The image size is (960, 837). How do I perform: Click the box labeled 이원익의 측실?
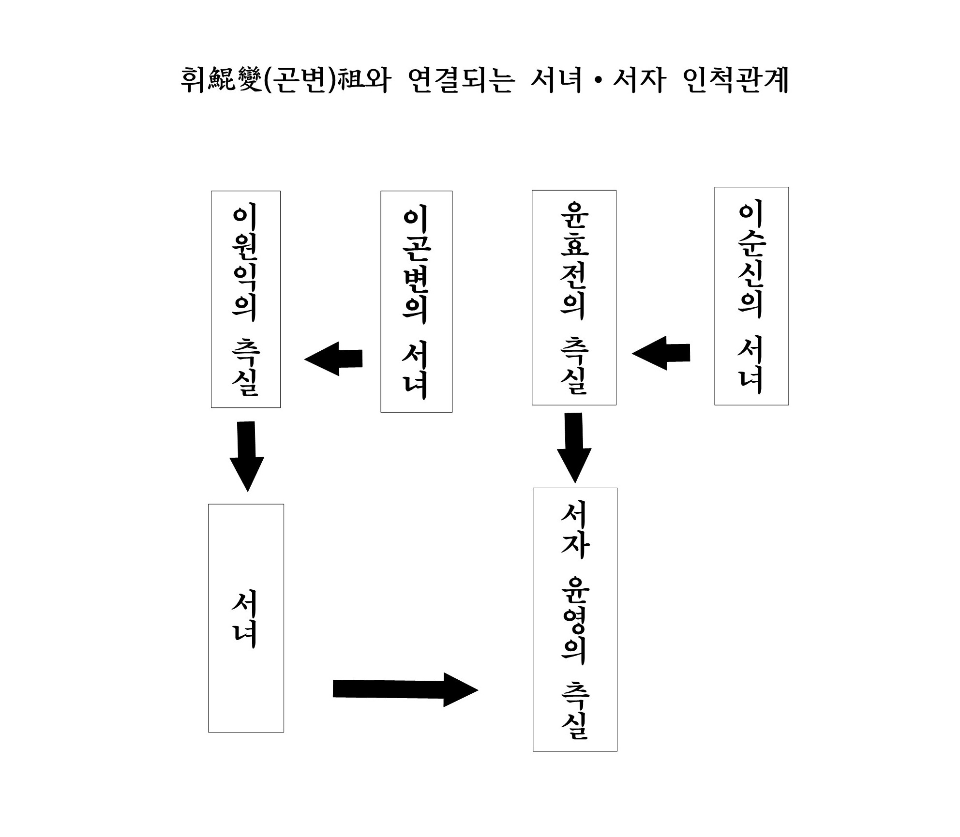point(245,299)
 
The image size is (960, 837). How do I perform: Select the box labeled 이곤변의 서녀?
point(416,301)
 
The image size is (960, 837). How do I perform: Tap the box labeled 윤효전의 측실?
point(574,298)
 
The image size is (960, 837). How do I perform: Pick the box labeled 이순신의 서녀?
point(751,296)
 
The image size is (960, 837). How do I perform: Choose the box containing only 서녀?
point(246,618)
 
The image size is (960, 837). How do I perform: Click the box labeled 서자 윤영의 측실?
point(575,619)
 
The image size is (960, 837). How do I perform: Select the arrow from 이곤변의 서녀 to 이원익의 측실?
point(334,359)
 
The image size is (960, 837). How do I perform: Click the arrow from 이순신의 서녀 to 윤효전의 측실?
point(661,353)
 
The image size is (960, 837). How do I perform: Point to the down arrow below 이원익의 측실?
point(247,456)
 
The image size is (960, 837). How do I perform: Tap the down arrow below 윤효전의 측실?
point(574,448)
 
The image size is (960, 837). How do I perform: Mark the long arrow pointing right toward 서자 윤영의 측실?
point(405,689)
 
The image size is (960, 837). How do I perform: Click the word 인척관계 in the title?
point(737,80)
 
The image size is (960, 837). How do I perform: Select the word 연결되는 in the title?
point(460,80)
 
